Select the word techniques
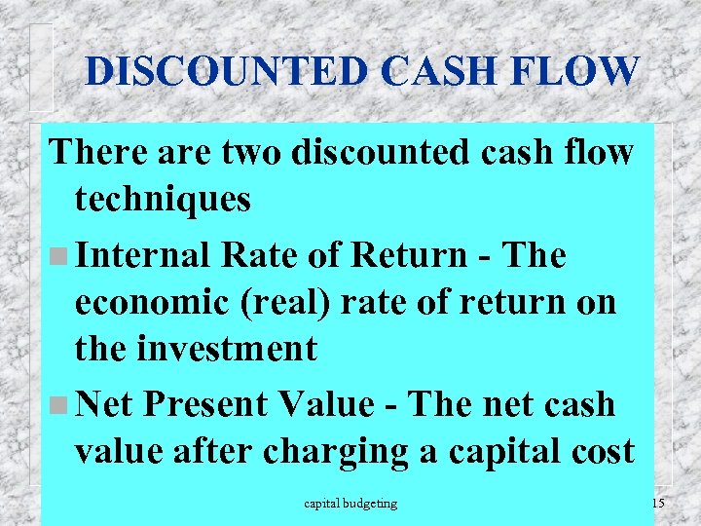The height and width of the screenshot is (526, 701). coord(163,201)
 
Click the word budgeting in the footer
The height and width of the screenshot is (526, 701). coord(374,504)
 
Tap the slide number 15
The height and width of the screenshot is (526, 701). coord(657,504)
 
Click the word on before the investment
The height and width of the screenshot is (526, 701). coord(594,303)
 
